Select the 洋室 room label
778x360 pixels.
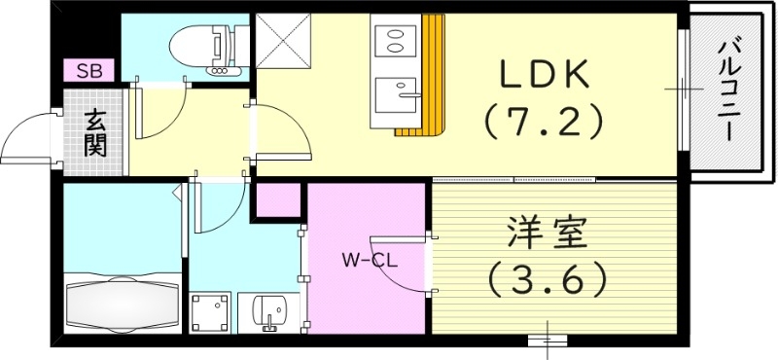point(545,237)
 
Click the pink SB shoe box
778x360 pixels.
point(89,71)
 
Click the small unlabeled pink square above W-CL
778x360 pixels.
point(277,200)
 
